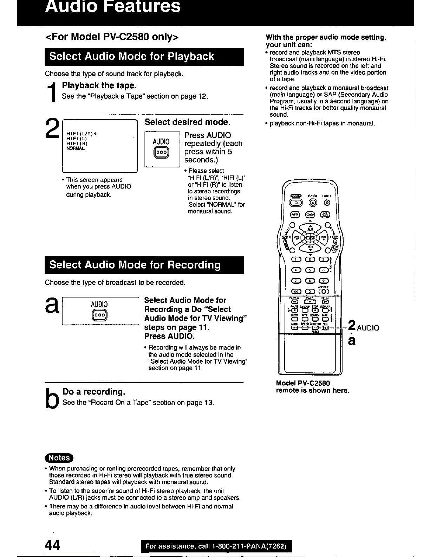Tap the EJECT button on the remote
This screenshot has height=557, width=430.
pos(313,202)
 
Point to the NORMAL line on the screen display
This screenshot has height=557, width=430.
pos(76,148)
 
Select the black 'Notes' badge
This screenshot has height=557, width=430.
pos(59,458)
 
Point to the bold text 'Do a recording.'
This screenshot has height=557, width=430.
pos(94,392)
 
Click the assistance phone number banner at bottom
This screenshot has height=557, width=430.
pos(216,546)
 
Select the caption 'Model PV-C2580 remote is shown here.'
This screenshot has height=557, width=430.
pos(312,387)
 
